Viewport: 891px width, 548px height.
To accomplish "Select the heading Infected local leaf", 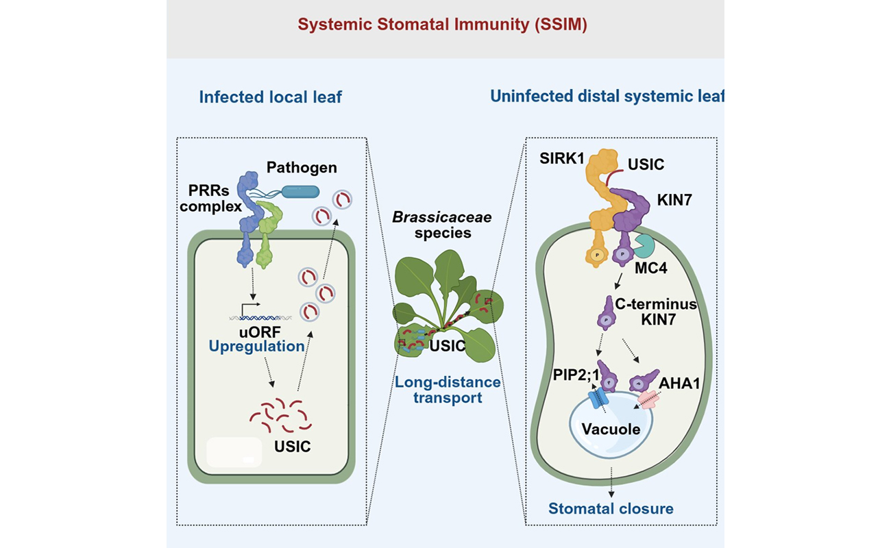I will pyautogui.click(x=270, y=97).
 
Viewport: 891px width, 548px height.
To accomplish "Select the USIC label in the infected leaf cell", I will pyautogui.click(x=292, y=447).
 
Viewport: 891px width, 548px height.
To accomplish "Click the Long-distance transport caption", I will pyautogui.click(x=448, y=390).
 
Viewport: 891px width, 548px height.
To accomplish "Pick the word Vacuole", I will pyautogui.click(x=610, y=430).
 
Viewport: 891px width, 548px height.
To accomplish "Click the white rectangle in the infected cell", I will pyautogui.click(x=234, y=453).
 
